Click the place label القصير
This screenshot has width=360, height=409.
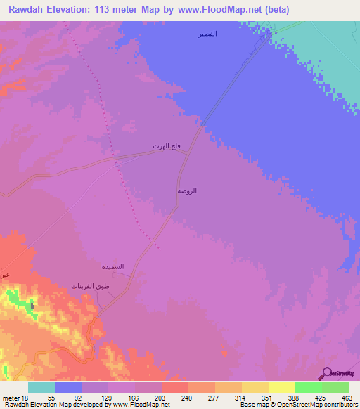click(207, 34)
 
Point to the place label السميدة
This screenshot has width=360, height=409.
click(113, 266)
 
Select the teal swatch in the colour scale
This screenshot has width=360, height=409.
click(41, 387)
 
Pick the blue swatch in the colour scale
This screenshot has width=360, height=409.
click(68, 387)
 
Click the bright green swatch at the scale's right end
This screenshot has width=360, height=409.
click(335, 387)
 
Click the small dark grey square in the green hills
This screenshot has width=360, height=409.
click(33, 306)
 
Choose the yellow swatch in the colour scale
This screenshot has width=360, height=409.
click(282, 387)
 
